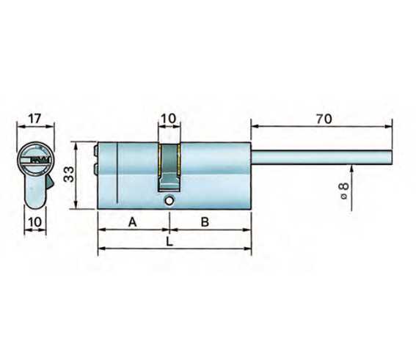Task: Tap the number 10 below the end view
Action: click(34, 222)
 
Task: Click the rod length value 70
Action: click(322, 118)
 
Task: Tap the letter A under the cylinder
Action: click(133, 221)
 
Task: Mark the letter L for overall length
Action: click(169, 240)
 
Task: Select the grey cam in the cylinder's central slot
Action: click(169, 165)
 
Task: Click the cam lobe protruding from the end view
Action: click(48, 180)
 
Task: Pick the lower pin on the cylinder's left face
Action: click(97, 171)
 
